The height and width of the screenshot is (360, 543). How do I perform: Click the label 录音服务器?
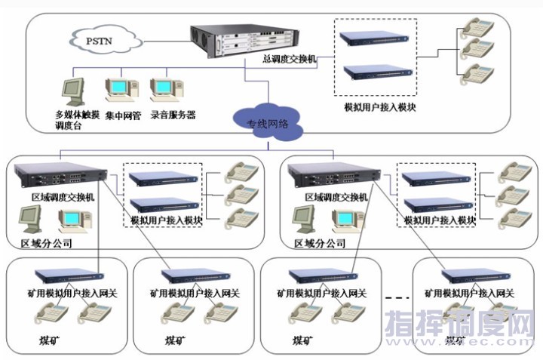(x=173, y=115)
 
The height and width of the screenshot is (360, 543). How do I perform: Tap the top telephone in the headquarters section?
(x=477, y=26)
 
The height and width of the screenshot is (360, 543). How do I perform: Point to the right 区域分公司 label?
(x=320, y=244)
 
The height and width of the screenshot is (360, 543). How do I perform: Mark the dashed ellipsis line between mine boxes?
(x=397, y=300)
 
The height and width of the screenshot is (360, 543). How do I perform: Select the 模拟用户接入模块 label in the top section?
(x=380, y=108)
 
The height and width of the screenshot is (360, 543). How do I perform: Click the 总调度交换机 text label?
(x=290, y=58)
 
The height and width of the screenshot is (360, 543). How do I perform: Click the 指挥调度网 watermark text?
(x=459, y=326)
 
